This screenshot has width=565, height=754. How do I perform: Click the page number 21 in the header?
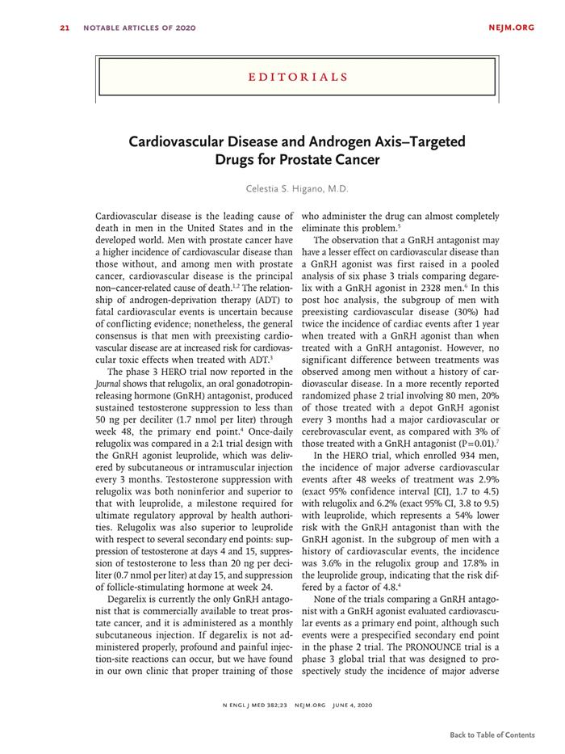tap(64, 28)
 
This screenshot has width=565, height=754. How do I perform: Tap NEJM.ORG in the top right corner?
tap(512, 28)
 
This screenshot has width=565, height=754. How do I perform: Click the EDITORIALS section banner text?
tap(298, 78)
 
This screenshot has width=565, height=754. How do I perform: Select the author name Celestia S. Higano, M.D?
tap(298, 189)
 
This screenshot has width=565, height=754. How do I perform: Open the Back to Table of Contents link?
tap(492, 735)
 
